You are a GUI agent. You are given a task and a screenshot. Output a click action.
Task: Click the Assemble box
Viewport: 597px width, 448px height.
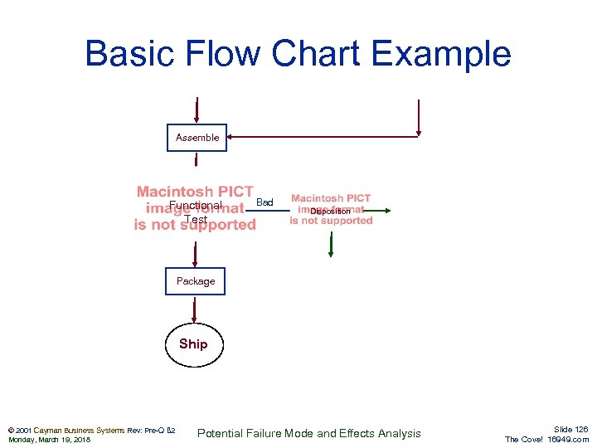[197, 138]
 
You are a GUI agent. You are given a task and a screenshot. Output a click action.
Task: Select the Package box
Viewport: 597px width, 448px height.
[195, 281]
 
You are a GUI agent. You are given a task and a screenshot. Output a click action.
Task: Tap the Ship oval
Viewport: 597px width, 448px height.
[193, 344]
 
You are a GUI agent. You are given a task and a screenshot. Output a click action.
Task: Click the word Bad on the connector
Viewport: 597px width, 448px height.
[265, 202]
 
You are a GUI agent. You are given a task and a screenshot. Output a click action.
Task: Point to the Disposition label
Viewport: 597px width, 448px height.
[330, 212]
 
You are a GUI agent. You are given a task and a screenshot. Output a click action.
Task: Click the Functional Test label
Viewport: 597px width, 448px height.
[196, 212]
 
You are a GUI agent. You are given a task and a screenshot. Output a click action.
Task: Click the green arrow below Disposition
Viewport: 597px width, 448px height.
[331, 245]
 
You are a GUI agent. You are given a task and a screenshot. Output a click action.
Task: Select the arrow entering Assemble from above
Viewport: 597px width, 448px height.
[197, 110]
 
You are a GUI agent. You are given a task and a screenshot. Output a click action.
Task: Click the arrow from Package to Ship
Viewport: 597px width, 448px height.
[194, 309]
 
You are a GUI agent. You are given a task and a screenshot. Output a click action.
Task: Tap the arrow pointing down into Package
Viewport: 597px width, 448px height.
[195, 254]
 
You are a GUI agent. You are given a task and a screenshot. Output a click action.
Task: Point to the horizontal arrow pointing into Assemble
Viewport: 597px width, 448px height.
[323, 137]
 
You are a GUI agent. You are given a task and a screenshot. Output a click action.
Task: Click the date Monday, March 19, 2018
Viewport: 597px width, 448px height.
[49, 440]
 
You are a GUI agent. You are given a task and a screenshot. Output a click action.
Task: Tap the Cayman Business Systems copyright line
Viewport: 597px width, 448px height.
[90, 430]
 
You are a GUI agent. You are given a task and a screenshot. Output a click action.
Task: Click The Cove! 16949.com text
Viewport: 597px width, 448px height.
[546, 440]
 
